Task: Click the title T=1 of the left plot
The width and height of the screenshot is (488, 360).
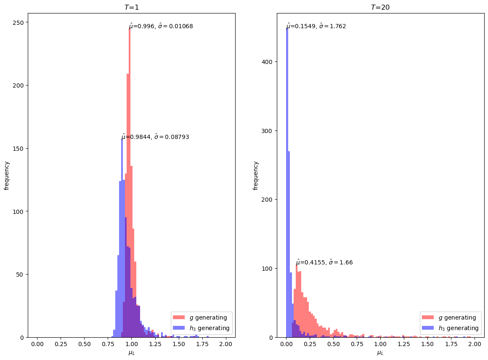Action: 131,7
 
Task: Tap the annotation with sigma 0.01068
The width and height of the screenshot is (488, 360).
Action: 161,26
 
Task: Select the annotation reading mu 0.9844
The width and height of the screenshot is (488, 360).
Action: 155,137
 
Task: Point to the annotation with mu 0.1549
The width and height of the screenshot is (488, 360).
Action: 316,26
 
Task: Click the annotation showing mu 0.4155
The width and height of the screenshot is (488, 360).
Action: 324,262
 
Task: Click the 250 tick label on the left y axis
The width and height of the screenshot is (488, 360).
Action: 20,22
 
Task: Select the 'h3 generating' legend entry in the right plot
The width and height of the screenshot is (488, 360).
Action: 459,328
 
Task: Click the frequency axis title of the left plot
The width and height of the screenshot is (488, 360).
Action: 7,175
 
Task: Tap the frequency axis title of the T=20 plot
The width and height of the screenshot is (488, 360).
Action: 255,175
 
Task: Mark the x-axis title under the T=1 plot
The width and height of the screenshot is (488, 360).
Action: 131,353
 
